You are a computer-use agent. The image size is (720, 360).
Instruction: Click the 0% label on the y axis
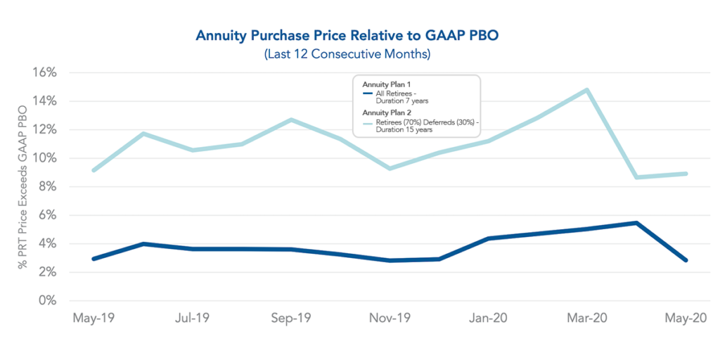[47, 300]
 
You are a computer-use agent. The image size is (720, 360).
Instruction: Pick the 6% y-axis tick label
[46, 215]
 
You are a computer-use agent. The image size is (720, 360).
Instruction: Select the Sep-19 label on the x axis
[290, 319]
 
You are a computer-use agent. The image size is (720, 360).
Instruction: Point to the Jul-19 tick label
[192, 319]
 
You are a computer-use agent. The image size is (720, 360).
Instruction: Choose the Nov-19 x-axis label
[389, 319]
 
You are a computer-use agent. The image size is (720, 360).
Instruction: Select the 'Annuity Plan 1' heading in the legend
[382, 84]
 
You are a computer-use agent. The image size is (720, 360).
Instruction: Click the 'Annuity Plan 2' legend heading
[382, 112]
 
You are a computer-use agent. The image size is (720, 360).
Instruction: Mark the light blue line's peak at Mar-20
[586, 90]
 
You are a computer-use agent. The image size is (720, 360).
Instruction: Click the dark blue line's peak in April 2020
[636, 223]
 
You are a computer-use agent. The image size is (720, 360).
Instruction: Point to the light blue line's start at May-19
[94, 170]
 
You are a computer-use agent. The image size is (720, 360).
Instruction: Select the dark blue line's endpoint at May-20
[686, 260]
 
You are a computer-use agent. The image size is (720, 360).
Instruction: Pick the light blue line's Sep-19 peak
[290, 120]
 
